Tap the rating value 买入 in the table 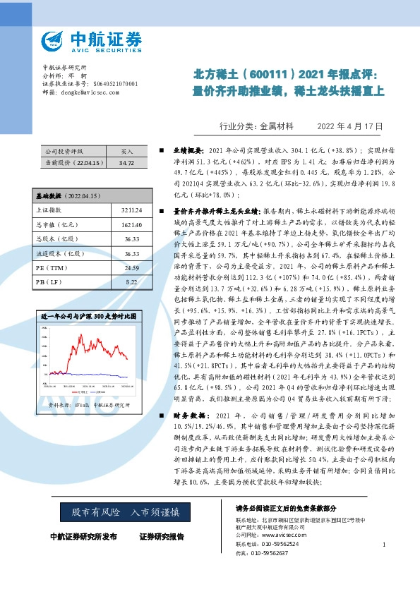click(x=126, y=151)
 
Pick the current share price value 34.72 click(x=126, y=162)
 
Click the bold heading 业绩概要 click(x=190, y=151)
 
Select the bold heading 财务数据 click(x=190, y=416)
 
